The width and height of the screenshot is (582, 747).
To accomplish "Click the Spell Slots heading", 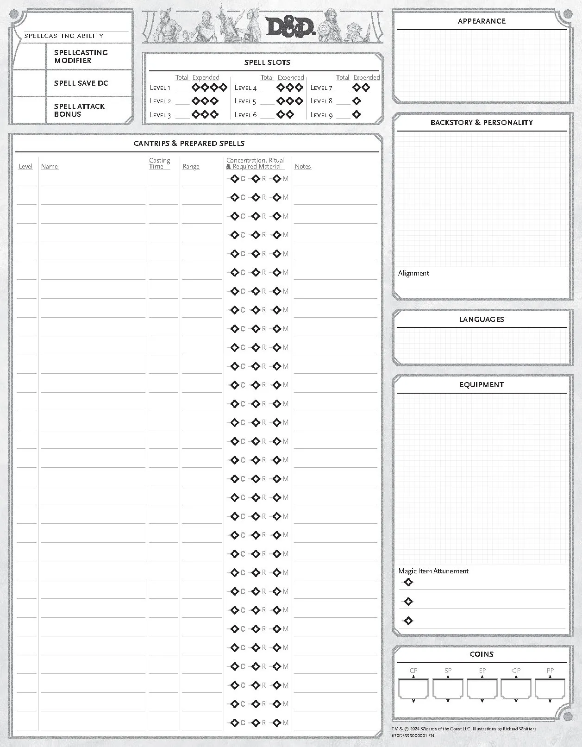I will (267, 62).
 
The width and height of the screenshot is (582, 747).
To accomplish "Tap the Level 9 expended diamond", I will (357, 114).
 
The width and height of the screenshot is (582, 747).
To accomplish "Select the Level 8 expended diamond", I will (357, 101).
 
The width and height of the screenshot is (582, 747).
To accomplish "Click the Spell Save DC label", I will (81, 83).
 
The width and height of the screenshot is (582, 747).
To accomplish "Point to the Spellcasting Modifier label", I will (81, 56).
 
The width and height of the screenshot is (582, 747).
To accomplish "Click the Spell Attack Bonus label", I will (79, 110).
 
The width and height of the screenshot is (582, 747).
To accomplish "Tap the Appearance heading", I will (482, 21).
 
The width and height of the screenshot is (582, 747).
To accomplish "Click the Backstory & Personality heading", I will (482, 123).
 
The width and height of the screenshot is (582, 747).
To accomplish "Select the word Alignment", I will (413, 273).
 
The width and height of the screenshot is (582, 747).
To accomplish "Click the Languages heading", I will (482, 320).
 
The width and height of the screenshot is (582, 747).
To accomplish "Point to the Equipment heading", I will (482, 385).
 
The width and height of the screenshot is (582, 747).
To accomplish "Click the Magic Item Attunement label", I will (433, 571).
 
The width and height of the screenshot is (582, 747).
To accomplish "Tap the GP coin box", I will (516, 689).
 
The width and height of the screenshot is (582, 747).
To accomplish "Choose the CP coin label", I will (413, 671).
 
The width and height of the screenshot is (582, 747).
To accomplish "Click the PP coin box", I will (550, 689).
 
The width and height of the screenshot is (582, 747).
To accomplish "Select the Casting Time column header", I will (159, 163).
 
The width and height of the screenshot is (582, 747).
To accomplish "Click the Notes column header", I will (303, 166).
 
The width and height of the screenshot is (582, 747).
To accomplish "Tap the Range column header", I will (191, 166).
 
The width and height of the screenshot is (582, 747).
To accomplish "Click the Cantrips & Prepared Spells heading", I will (189, 144).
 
